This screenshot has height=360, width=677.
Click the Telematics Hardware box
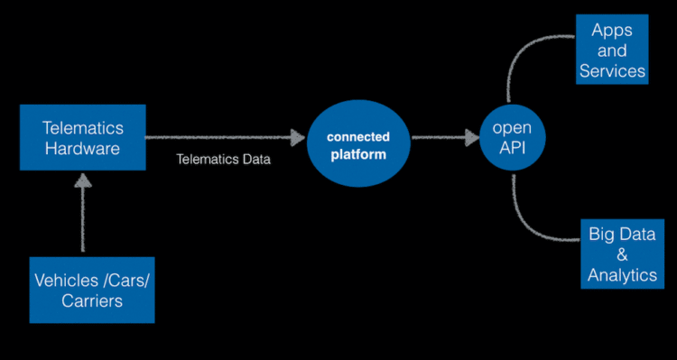(x=82, y=137)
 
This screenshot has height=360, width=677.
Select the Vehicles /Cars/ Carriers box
(x=92, y=290)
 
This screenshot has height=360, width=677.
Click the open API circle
(x=512, y=137)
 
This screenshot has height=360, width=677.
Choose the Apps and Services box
(x=612, y=50)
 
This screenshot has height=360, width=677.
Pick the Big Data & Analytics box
(x=621, y=254)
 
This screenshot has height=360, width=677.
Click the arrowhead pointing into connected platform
(x=297, y=138)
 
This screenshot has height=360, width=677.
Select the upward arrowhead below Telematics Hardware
(x=83, y=183)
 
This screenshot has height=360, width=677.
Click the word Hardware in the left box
(x=82, y=149)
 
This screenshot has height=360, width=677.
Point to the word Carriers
(x=92, y=301)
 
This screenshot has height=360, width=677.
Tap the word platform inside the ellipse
(x=358, y=154)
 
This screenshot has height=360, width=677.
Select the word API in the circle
(x=512, y=148)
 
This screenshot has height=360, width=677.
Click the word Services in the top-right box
(x=612, y=70)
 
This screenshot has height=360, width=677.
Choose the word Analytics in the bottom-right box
(x=622, y=275)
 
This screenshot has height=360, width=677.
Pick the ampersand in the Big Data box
(x=622, y=254)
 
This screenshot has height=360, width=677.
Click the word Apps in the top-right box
(x=612, y=30)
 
